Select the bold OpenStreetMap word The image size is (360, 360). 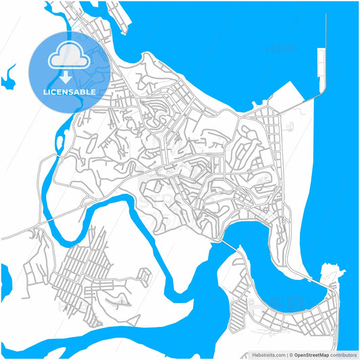(x=311, y=355)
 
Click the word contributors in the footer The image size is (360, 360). (x=344, y=355)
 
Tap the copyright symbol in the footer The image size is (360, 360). (x=289, y=355)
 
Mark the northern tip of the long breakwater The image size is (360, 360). (x=326, y=15)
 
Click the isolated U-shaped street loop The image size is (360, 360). (x=144, y=276)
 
